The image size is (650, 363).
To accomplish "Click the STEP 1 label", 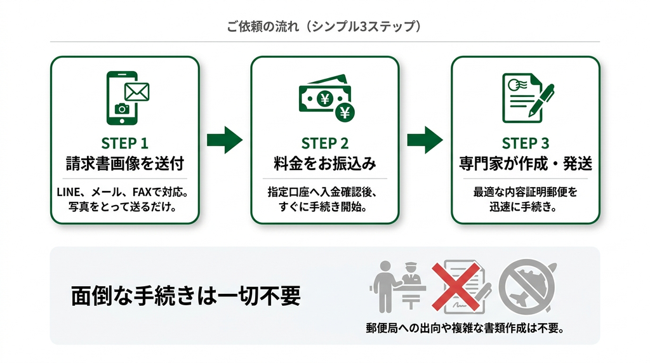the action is (x=124, y=143).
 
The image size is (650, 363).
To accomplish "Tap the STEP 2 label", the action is (x=324, y=143).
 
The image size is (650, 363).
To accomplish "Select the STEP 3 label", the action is (x=525, y=143).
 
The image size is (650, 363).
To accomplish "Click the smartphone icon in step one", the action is (x=122, y=98).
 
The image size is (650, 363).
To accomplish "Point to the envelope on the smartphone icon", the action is (x=137, y=92).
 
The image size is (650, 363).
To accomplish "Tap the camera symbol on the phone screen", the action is (x=122, y=109).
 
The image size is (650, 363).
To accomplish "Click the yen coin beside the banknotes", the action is (x=345, y=112).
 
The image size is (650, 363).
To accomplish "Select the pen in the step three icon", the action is (x=541, y=100).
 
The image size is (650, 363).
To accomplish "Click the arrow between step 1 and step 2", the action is (x=225, y=140).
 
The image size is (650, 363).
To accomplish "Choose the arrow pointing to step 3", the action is (x=425, y=140).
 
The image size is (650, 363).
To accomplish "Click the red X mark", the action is (x=456, y=286).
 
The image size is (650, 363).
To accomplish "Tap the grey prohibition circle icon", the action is (x=527, y=287).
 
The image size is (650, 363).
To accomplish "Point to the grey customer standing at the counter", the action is (x=385, y=287).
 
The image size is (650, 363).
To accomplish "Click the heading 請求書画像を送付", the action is (x=125, y=164).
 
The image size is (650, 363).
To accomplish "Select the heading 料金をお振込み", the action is (x=325, y=164).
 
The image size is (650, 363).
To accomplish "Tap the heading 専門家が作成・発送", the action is (x=526, y=164).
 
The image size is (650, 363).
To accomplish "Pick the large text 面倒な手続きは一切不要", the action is (x=186, y=296).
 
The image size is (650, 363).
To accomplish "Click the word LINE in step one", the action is (x=69, y=192).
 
